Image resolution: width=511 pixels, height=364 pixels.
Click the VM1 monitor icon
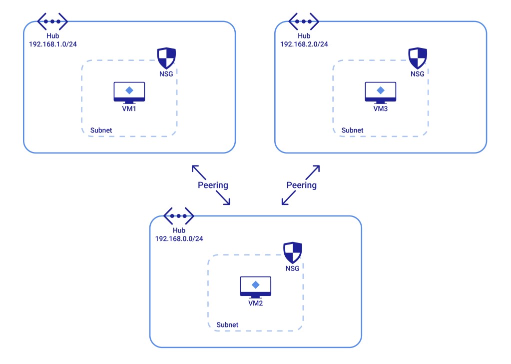(x=129, y=92)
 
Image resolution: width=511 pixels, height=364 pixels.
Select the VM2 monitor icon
(x=255, y=286)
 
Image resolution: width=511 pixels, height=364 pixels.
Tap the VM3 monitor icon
(x=381, y=92)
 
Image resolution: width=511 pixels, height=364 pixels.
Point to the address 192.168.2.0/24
(x=304, y=44)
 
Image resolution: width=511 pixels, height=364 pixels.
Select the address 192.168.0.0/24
(x=179, y=238)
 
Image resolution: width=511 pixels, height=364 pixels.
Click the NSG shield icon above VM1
(x=166, y=58)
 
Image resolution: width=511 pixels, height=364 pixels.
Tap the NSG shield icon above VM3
(x=418, y=58)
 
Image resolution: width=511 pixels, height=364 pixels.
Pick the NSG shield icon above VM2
(x=292, y=253)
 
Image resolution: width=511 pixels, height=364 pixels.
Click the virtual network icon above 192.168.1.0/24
(x=52, y=21)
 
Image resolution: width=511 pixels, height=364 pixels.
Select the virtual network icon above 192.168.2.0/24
(x=304, y=21)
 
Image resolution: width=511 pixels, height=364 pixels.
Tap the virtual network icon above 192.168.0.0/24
(x=178, y=216)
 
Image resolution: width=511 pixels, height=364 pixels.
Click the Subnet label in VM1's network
(x=101, y=130)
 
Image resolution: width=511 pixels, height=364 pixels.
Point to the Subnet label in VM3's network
(x=353, y=130)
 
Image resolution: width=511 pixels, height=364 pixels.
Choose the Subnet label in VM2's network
(x=227, y=325)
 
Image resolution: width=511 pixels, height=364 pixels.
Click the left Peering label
(x=213, y=185)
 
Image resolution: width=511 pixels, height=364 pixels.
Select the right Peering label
(x=301, y=185)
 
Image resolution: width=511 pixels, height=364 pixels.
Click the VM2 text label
(x=255, y=303)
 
